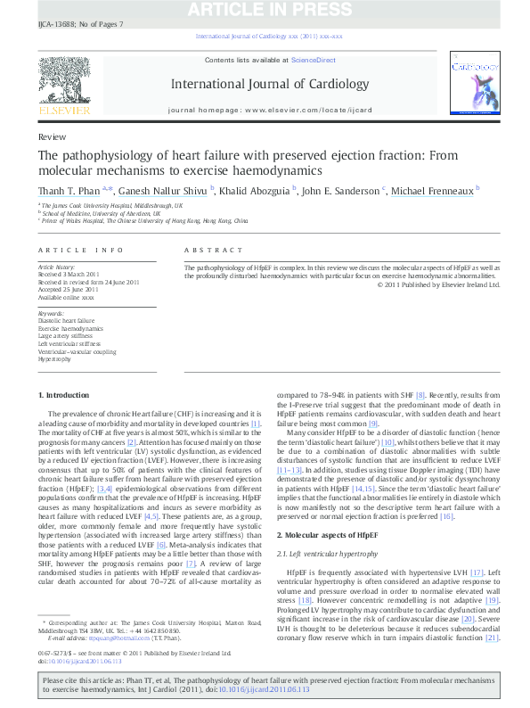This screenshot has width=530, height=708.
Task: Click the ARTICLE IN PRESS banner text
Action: tap(265, 11)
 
